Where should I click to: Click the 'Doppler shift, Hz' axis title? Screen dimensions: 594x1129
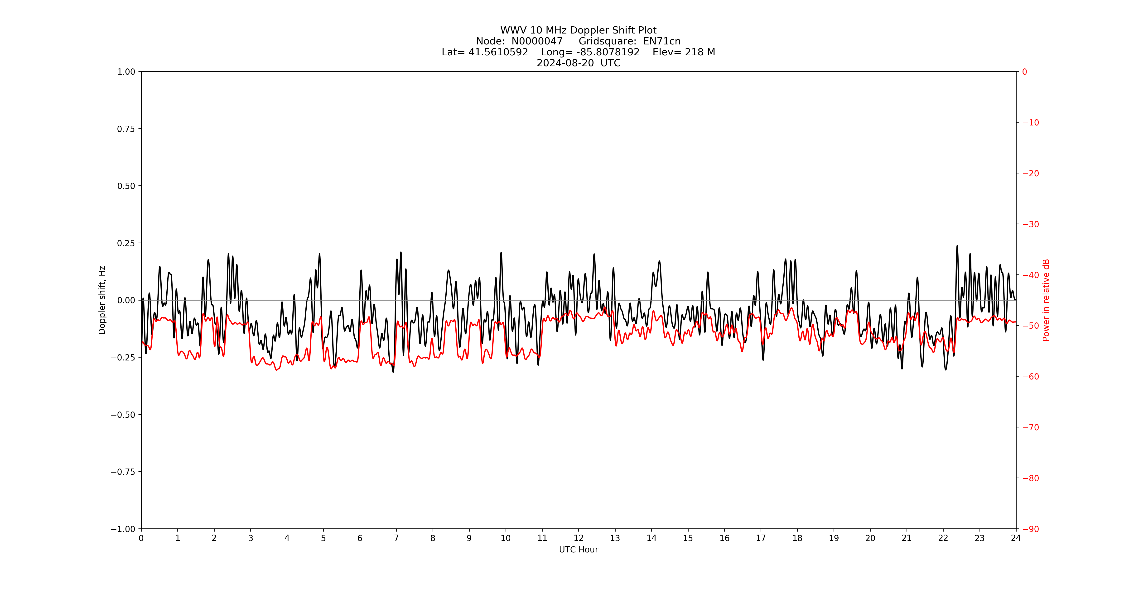tap(102, 300)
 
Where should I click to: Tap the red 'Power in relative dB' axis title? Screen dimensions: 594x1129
tap(1046, 300)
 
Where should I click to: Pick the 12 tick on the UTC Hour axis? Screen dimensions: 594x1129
tap(579, 538)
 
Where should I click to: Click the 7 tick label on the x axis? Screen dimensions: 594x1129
tap(396, 538)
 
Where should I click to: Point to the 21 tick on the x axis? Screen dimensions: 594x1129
tap(906, 538)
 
